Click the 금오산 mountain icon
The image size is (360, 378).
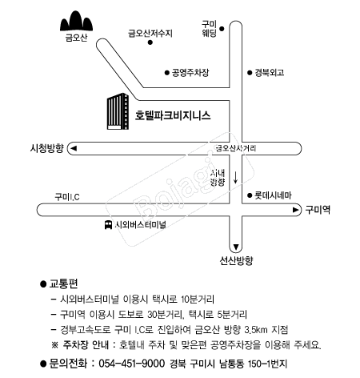[76, 21]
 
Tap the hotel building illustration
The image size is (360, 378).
[118, 111]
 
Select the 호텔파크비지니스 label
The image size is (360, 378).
[173, 115]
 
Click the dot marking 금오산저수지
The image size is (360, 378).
[150, 42]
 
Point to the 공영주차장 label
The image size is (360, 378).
[190, 73]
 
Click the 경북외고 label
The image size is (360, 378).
[270, 73]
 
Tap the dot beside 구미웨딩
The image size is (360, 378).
[222, 29]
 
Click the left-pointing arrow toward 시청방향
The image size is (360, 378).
[73, 148]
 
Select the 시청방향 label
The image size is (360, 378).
[47, 148]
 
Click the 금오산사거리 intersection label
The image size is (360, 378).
[236, 148]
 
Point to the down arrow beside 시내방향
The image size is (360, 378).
[235, 178]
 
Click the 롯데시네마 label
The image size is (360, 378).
[273, 195]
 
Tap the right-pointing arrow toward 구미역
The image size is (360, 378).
[295, 210]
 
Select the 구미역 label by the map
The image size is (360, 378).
[318, 210]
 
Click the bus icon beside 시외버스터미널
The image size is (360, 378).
[108, 225]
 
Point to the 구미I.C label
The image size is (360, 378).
[67, 197]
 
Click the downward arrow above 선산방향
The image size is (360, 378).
[236, 247]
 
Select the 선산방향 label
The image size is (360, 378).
[236, 260]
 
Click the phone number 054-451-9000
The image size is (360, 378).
[132, 364]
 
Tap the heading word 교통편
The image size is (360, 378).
[63, 283]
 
